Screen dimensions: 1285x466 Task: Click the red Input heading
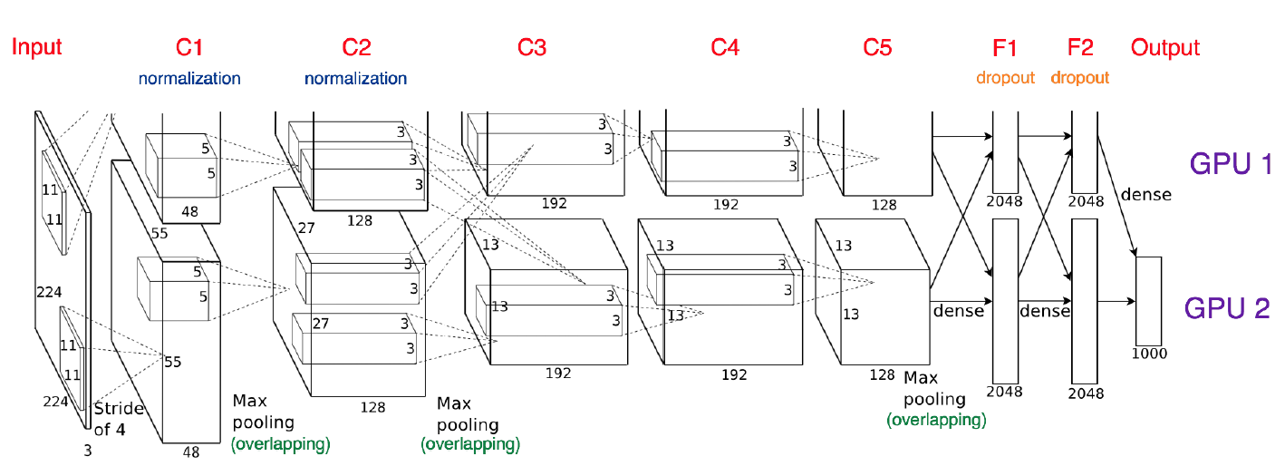(x=36, y=48)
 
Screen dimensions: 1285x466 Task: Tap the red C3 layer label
(x=532, y=48)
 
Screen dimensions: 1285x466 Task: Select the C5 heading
(x=877, y=48)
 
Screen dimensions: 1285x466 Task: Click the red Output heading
(x=1164, y=48)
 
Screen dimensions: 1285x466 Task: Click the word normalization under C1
(x=189, y=79)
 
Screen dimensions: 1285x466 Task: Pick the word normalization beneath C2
(x=355, y=79)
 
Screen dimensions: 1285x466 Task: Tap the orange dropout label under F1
(x=1005, y=78)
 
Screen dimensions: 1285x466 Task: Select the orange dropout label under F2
(x=1080, y=78)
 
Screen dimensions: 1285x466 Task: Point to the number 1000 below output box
(x=1148, y=354)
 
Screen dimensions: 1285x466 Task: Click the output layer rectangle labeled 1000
(x=1148, y=299)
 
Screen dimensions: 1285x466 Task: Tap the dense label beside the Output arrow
(x=1145, y=194)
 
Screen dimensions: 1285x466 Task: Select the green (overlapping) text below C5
(x=936, y=420)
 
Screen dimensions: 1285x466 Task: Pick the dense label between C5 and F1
(x=958, y=311)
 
